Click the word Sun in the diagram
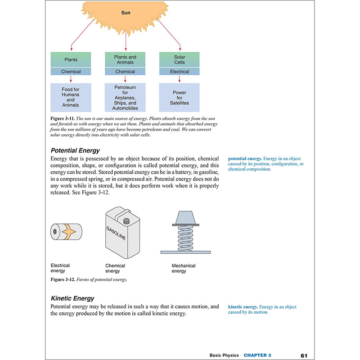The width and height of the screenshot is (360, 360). pos(126,13)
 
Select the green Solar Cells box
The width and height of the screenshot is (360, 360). pos(179,59)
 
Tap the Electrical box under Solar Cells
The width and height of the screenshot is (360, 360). pos(179,72)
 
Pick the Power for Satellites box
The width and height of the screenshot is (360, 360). pos(179,98)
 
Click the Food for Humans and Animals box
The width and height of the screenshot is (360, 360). pos(71,98)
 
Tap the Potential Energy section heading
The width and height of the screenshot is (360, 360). pos(75,150)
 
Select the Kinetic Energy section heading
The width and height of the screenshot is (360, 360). pos(72,298)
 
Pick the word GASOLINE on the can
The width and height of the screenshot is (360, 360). pos(116,233)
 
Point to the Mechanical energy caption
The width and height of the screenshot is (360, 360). pos(184,268)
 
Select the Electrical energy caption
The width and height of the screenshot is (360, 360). pos(60,268)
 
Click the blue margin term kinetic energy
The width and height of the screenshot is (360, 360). pos(243,306)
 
